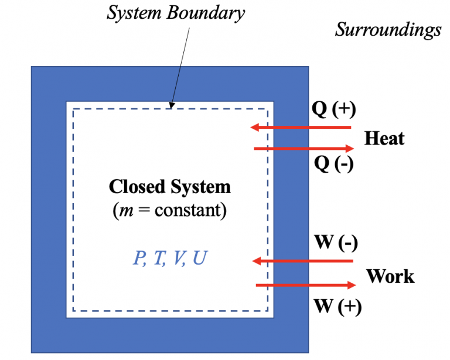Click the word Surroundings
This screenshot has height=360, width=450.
click(x=388, y=30)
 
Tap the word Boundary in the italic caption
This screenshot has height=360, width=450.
click(x=209, y=13)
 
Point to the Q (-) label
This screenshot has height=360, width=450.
click(x=334, y=164)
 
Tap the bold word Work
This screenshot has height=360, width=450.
click(x=390, y=276)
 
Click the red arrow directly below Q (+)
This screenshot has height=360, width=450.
click(x=300, y=127)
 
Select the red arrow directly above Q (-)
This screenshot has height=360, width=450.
click(x=304, y=149)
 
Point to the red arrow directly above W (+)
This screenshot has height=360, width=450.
click(x=305, y=285)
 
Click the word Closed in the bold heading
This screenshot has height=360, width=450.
click(x=138, y=187)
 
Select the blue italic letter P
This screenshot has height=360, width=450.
click(x=139, y=259)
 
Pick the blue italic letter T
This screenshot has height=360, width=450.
click(x=158, y=259)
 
